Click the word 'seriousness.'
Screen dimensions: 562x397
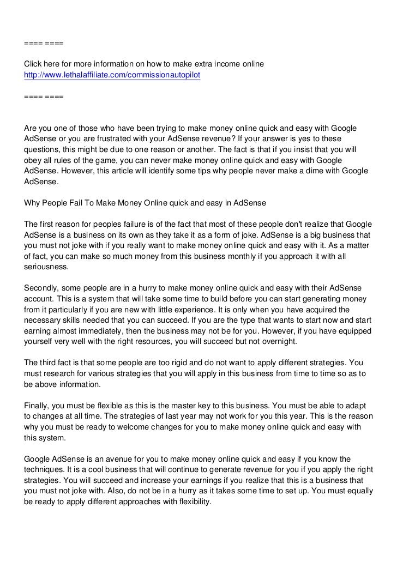point(46,267)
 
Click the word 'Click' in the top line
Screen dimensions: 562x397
point(34,65)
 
